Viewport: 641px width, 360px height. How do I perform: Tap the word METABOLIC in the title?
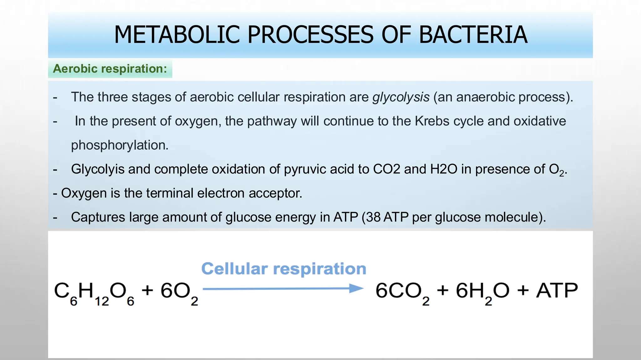point(177,35)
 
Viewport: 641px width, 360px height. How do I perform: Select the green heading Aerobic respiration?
point(110,69)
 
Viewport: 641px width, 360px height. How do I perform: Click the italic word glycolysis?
point(401,97)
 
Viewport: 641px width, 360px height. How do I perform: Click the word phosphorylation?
point(120,145)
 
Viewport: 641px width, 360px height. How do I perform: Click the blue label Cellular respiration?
point(284,269)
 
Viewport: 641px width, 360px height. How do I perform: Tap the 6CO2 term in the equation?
point(402,292)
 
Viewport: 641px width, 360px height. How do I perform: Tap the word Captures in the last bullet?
point(98,217)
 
